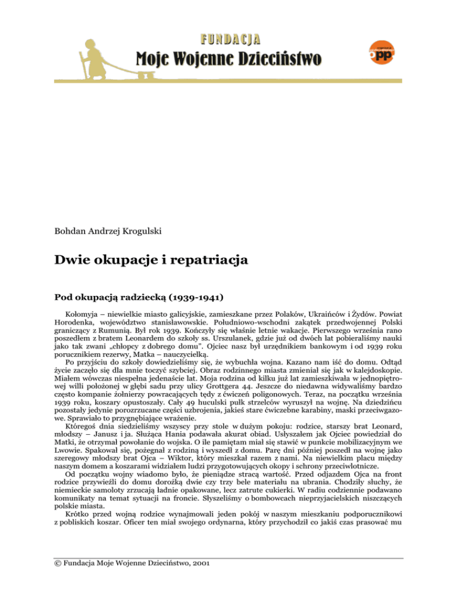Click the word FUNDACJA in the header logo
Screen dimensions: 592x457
229,40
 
